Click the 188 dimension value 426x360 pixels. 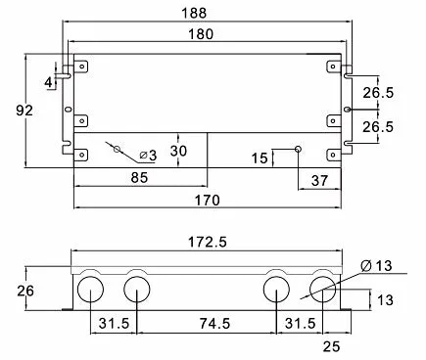pos(194,13)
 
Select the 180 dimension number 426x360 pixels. pos(201,34)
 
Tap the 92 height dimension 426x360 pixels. pos(24,111)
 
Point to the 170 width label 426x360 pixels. pos(208,200)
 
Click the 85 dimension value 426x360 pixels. pos(139,178)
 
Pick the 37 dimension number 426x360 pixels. pos(319,180)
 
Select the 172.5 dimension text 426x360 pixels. pos(208,242)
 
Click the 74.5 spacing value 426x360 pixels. pos(214,324)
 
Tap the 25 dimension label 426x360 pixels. pos(332,346)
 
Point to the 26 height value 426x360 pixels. pos(25,291)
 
